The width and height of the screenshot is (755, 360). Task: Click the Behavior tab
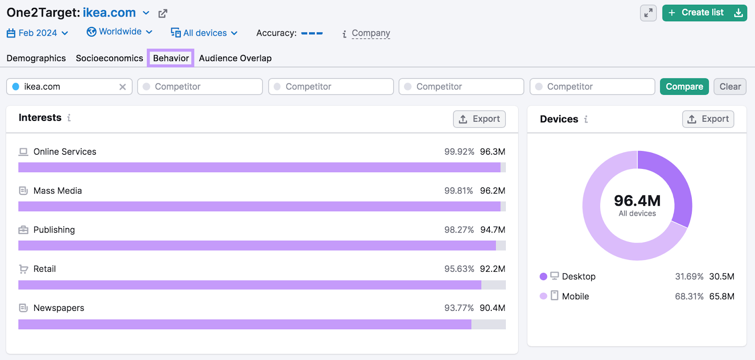click(x=171, y=58)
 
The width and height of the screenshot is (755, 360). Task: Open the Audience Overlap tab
click(x=235, y=58)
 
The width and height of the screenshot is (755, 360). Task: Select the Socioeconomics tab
click(x=109, y=58)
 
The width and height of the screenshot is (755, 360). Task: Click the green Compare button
click(x=684, y=86)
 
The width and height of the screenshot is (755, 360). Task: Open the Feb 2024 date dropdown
click(x=38, y=33)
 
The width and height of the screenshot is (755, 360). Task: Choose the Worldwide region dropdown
click(x=120, y=32)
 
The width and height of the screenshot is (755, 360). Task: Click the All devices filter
click(x=204, y=33)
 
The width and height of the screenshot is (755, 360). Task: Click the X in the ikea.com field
click(x=122, y=87)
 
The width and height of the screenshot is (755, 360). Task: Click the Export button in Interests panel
click(x=479, y=119)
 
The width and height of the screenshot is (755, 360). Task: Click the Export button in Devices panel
click(x=708, y=119)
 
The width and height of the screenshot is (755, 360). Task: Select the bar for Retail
click(x=249, y=285)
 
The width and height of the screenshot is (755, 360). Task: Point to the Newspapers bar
click(x=244, y=324)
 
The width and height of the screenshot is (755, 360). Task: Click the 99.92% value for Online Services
click(x=459, y=151)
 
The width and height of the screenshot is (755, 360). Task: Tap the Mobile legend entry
click(x=575, y=296)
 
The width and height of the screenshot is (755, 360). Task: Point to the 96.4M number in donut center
click(x=637, y=201)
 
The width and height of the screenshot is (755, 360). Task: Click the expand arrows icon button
click(x=648, y=13)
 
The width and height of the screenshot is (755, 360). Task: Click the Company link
click(x=370, y=33)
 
